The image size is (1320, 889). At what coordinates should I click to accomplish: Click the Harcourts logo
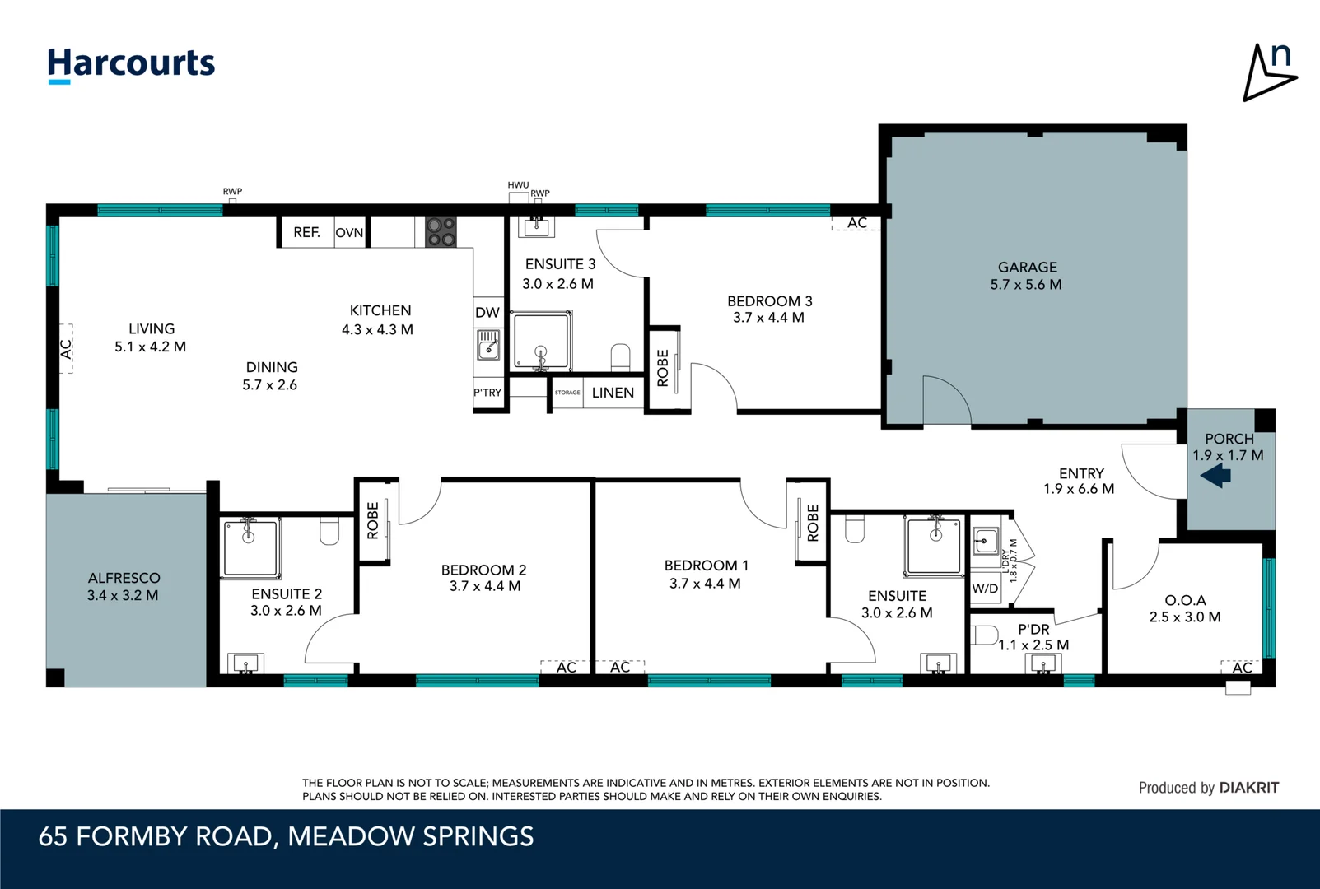131,65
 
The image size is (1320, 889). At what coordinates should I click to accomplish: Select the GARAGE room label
1027,267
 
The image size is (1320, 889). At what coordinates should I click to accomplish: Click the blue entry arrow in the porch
1215,475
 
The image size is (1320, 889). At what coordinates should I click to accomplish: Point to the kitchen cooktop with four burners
441,231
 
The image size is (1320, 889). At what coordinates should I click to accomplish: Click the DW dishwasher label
487,312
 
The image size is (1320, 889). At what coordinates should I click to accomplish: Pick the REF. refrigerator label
306,232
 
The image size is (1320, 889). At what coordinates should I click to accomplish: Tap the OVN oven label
349,233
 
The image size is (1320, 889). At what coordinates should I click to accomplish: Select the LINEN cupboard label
613,393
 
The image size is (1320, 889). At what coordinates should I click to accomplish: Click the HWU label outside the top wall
519,185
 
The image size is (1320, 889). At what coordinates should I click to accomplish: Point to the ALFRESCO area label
124,578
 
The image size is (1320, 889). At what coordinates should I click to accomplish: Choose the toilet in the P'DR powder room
983,635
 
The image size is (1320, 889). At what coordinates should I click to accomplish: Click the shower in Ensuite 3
541,341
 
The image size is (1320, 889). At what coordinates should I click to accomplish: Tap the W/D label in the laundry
986,589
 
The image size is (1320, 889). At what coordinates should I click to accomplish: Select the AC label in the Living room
67,348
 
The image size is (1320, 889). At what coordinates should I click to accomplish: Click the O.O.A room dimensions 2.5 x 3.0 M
1184,617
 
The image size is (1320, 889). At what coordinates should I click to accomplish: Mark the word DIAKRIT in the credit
1249,788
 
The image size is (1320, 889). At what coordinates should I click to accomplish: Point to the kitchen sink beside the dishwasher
488,345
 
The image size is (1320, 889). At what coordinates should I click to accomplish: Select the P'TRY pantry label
487,393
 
